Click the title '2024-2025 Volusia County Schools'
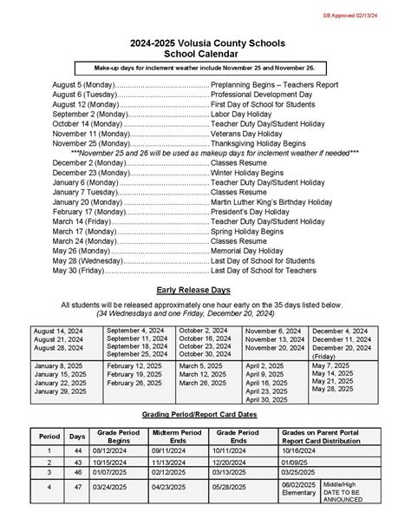pyautogui.click(x=205, y=43)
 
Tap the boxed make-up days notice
pyautogui.click(x=205, y=67)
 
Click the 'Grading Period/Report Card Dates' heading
pyautogui.click(x=205, y=416)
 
